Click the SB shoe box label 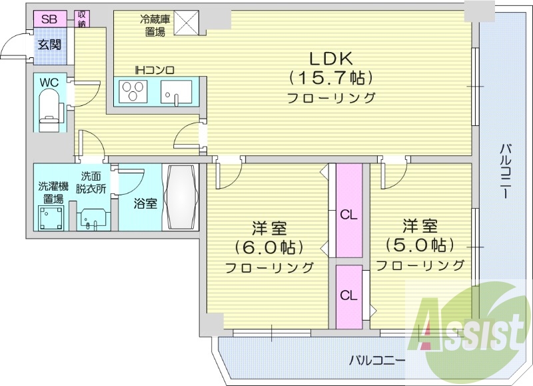click(49, 19)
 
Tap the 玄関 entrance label click(49, 45)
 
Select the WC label click(49, 82)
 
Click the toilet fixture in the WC click(49, 111)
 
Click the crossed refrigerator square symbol click(187, 22)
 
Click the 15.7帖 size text click(330, 77)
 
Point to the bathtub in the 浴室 click(180, 197)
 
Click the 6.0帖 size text click(269, 247)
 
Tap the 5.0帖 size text click(420, 244)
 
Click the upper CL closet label click(347, 215)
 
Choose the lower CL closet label click(347, 295)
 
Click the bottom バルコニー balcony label click(377, 361)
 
